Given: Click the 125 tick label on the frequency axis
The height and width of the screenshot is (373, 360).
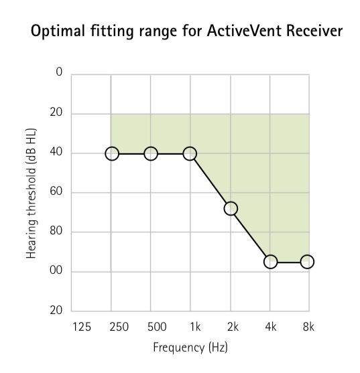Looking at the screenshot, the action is [82, 327].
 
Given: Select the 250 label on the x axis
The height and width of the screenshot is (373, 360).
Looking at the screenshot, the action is [119, 327].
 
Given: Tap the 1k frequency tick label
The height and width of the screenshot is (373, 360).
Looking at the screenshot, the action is [195, 327].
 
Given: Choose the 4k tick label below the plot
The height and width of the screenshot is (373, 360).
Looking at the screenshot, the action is [271, 327].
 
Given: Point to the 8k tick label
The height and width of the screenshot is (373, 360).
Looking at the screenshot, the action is [308, 327].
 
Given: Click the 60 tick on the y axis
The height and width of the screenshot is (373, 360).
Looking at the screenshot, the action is [56, 192].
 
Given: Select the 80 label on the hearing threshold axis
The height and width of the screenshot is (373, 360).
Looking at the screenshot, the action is [56, 231].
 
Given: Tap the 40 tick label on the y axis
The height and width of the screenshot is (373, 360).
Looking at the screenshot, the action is [56, 152].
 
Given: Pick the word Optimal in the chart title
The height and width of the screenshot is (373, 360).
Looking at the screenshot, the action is [58, 31].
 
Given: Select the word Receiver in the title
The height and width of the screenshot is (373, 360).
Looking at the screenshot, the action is [314, 31].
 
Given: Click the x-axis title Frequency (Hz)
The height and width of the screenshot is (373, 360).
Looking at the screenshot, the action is [190, 348].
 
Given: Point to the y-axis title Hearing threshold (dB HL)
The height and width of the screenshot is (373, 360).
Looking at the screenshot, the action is [31, 193].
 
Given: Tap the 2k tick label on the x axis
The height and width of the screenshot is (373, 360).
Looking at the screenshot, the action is [233, 327].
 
